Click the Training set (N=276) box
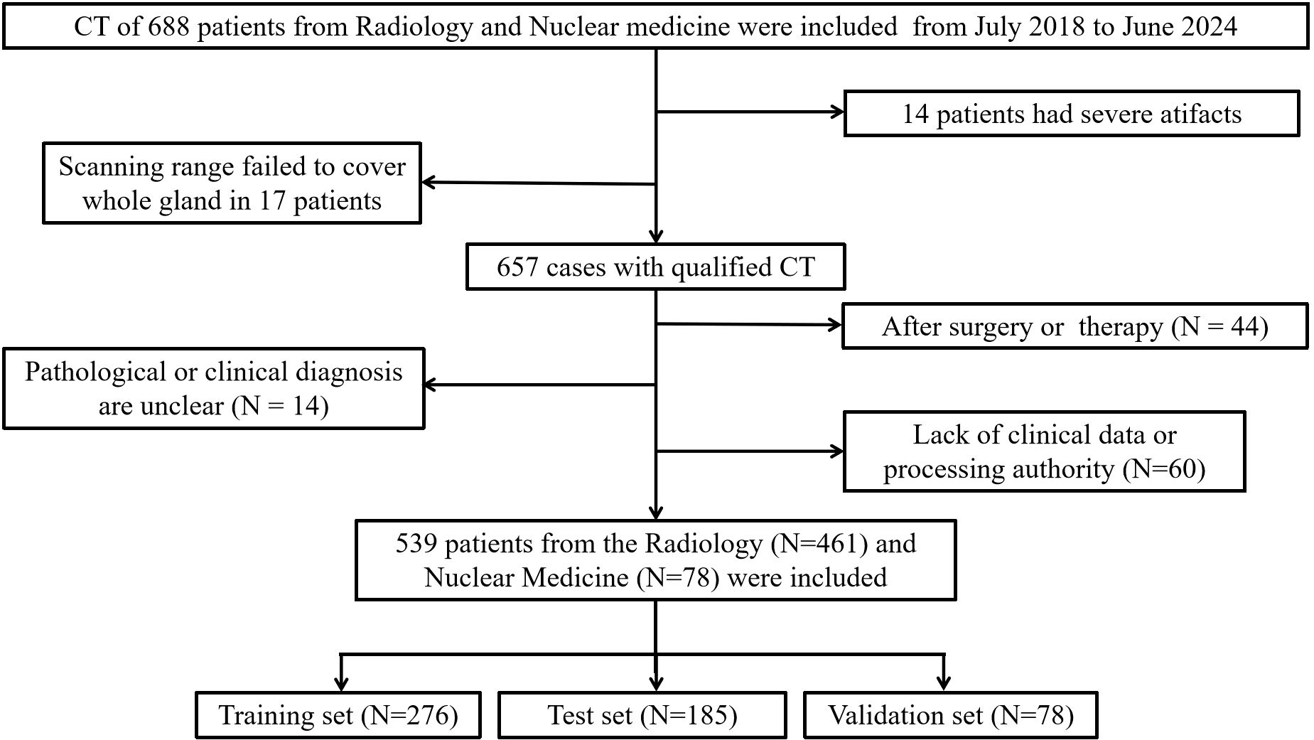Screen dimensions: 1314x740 click(x=338, y=715)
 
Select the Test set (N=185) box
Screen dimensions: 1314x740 click(x=642, y=715)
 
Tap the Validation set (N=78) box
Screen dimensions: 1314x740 click(x=951, y=715)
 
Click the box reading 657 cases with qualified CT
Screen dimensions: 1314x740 click(x=655, y=267)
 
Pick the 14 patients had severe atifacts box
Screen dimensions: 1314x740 click(x=1072, y=114)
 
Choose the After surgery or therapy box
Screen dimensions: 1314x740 click(x=1075, y=326)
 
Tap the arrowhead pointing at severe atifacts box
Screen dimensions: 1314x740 click(x=837, y=112)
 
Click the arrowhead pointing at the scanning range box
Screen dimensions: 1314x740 click(x=429, y=183)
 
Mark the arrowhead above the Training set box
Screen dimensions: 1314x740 click(x=342, y=684)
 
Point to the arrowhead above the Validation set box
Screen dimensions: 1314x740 click(x=944, y=684)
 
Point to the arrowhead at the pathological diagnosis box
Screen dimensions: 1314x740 click(x=431, y=385)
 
